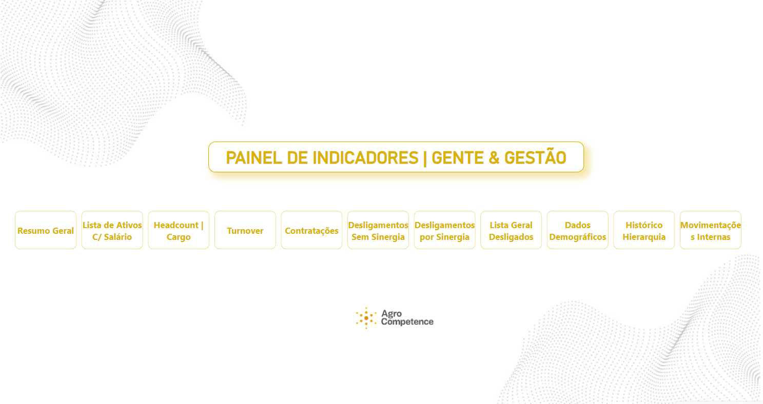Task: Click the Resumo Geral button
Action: [x=46, y=230]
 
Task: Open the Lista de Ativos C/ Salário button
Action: [x=112, y=230]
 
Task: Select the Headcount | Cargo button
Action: [x=179, y=230]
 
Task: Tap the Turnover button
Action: [x=245, y=230]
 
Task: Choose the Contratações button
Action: [x=311, y=230]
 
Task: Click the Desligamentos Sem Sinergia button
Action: [x=378, y=230]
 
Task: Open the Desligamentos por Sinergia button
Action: [x=444, y=230]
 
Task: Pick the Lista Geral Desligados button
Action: [x=511, y=230]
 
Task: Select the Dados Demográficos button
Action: [x=578, y=230]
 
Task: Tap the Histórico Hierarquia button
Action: [x=644, y=230]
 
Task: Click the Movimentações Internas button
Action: [x=711, y=230]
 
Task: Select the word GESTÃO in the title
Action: [x=535, y=157]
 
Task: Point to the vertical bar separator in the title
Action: [x=425, y=158]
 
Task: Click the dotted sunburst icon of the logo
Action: [x=366, y=318]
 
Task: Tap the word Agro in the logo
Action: [x=392, y=314]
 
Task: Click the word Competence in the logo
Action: [x=407, y=321]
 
